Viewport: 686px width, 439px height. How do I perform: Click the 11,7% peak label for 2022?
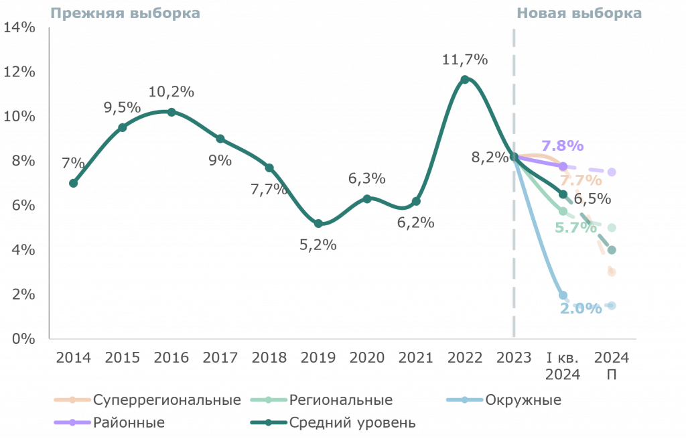coord(465,59)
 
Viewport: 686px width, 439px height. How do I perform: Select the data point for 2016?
coord(171,112)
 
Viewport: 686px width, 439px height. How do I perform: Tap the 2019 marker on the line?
coord(318,223)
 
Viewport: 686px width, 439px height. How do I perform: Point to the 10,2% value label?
coord(171,92)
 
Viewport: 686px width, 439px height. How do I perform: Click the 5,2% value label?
coord(318,245)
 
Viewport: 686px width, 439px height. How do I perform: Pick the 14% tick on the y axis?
coord(19,27)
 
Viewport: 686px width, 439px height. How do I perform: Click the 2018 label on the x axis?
coord(269,358)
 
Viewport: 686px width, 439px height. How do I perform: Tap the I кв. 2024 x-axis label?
coord(563,366)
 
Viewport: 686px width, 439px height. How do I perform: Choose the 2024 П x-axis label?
coord(612,366)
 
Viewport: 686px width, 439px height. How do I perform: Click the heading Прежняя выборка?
coord(125,13)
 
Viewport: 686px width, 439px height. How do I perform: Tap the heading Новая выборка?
coord(579,13)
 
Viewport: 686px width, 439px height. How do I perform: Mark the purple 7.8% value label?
coord(562,145)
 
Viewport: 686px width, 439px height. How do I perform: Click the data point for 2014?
coord(74,183)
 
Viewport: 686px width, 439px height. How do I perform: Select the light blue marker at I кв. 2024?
coord(563,296)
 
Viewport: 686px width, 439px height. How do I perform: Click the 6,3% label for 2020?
coord(366,178)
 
